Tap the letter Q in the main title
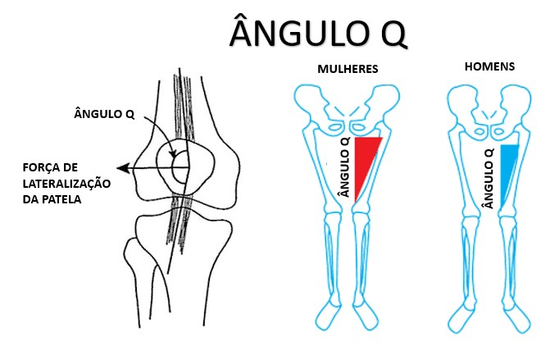click(393, 34)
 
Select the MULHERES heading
click(348, 69)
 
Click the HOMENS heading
click(489, 66)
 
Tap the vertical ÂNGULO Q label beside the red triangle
click(345, 167)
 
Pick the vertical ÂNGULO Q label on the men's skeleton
click(489, 179)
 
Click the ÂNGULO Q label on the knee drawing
click(104, 114)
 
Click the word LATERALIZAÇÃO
click(66, 184)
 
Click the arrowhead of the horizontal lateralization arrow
click(123, 168)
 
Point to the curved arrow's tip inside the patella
click(174, 155)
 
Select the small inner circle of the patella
click(180, 166)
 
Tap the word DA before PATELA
click(31, 199)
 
